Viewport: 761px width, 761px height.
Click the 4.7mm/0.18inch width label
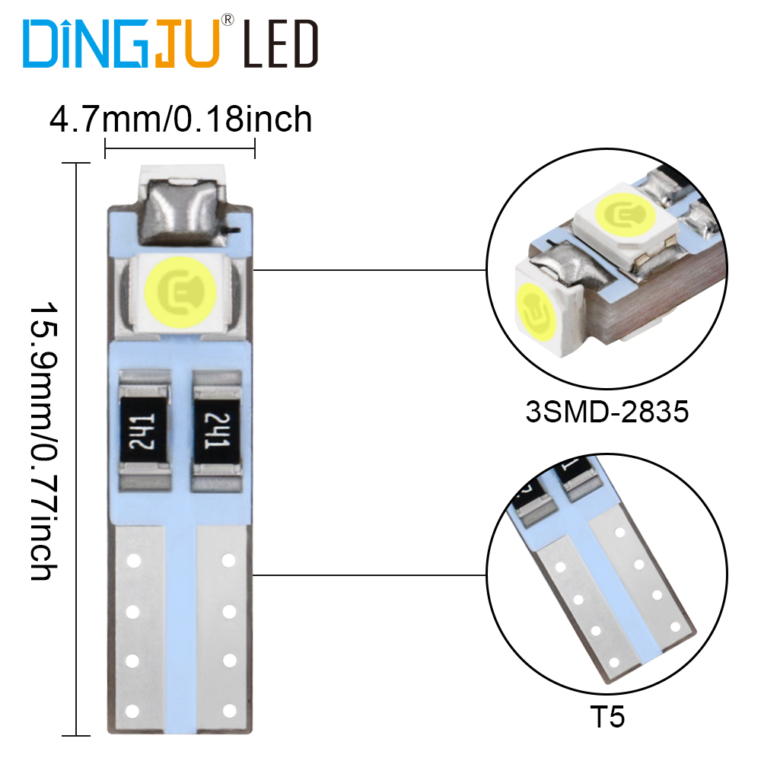click(180, 119)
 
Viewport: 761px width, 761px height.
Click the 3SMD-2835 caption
click(607, 412)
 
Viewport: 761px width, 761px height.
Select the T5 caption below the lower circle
click(607, 716)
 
